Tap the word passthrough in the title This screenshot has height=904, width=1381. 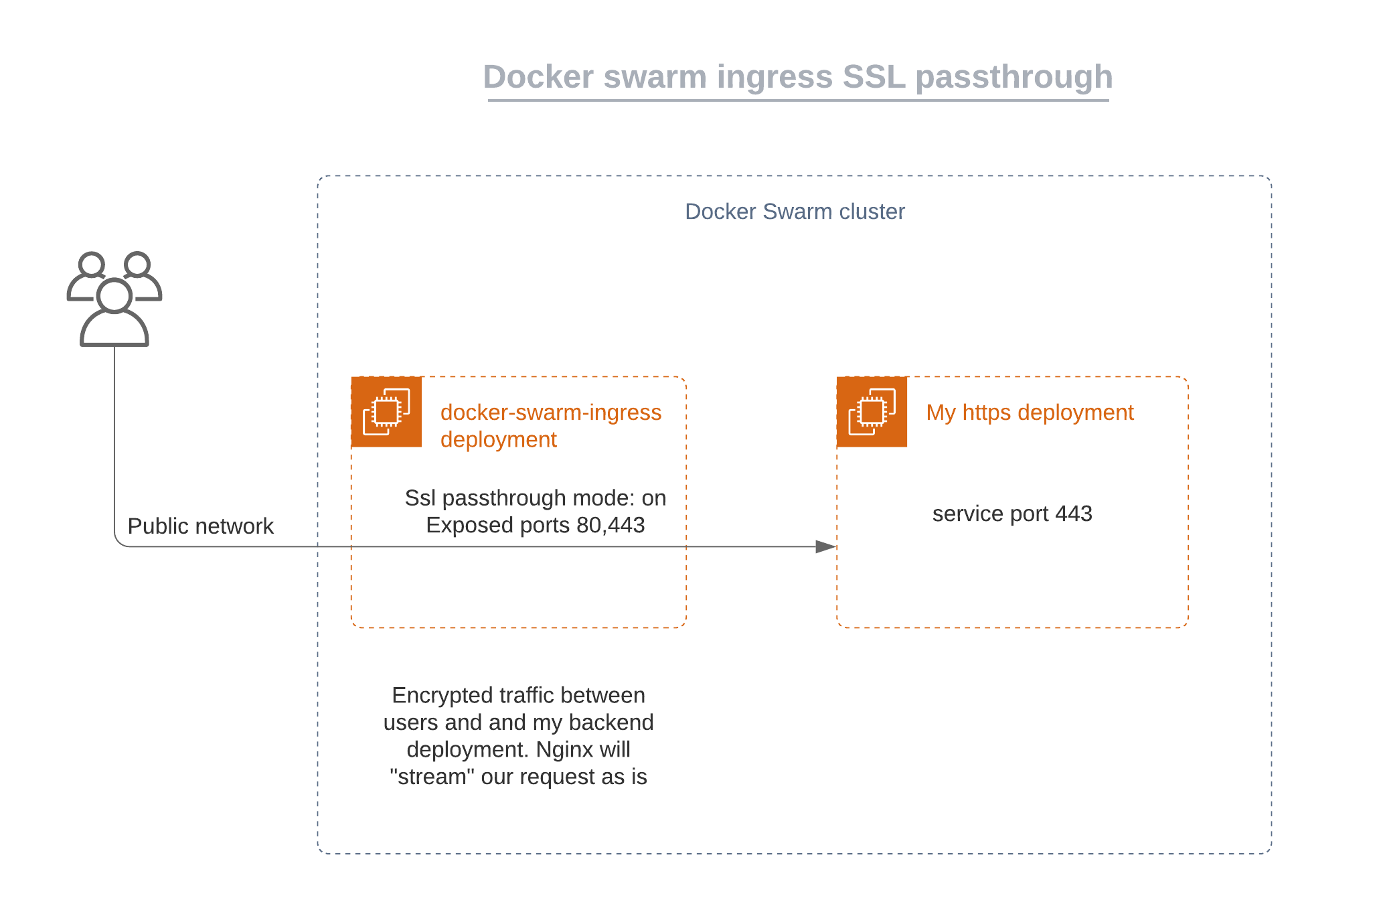coord(1013,77)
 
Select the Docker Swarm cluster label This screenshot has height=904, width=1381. coord(795,212)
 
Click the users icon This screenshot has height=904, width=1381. coord(114,299)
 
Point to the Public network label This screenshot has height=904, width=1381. coord(200,526)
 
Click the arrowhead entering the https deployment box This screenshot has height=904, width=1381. coord(827,546)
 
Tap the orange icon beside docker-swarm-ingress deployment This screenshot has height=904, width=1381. coord(386,412)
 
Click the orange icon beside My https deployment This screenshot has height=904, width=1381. coord(872,412)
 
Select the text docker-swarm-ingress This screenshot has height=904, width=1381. coord(550,412)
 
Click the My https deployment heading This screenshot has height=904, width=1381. coord(1030,412)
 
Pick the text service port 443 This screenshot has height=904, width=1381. coord(1012,514)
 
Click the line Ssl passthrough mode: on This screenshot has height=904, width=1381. coord(535,498)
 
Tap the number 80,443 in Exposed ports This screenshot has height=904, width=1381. coord(610,525)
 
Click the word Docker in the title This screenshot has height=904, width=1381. coord(538,77)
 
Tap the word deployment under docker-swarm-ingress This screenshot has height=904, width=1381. coord(498,440)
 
